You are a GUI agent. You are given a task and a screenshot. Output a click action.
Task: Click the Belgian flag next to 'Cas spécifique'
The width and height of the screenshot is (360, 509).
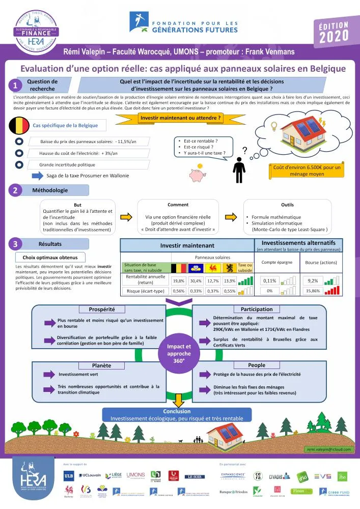coord(19,125)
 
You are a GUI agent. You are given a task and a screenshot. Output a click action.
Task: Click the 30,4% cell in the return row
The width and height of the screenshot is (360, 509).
coord(196,280)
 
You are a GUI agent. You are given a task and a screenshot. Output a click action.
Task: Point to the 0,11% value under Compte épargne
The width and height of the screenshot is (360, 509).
coord(270,280)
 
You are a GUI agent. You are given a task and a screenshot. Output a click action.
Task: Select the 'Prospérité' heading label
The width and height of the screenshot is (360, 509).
coord(101,309)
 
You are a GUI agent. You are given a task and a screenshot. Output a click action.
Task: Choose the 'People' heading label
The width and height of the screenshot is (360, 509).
coord(256,365)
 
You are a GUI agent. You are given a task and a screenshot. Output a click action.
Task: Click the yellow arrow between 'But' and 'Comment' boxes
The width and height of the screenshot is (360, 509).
coord(128,216)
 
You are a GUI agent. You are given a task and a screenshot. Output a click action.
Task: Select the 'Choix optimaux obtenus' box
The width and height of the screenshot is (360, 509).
coord(50,258)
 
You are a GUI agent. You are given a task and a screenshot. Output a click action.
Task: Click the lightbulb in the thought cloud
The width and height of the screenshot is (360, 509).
coord(273,125)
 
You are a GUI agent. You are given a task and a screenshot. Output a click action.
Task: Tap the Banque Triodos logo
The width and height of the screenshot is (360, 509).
coord(233,492)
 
